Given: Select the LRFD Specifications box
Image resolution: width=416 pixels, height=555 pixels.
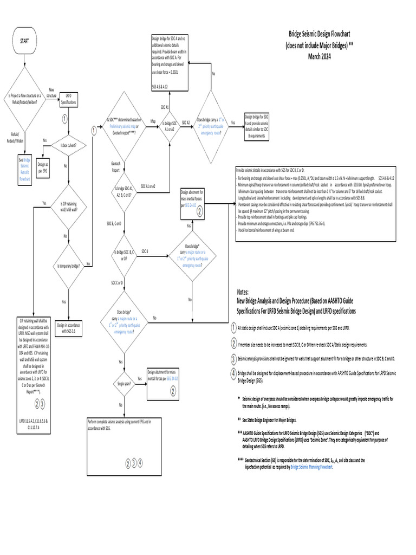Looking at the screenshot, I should click(x=69, y=98).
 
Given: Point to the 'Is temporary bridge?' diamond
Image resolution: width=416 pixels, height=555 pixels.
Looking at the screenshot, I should click(x=68, y=266).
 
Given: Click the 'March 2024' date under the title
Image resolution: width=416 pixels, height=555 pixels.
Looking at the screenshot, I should click(x=319, y=56).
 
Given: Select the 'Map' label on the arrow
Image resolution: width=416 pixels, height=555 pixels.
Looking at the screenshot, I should click(x=153, y=121).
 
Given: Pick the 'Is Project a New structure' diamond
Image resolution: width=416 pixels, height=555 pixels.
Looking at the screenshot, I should click(x=26, y=98).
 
